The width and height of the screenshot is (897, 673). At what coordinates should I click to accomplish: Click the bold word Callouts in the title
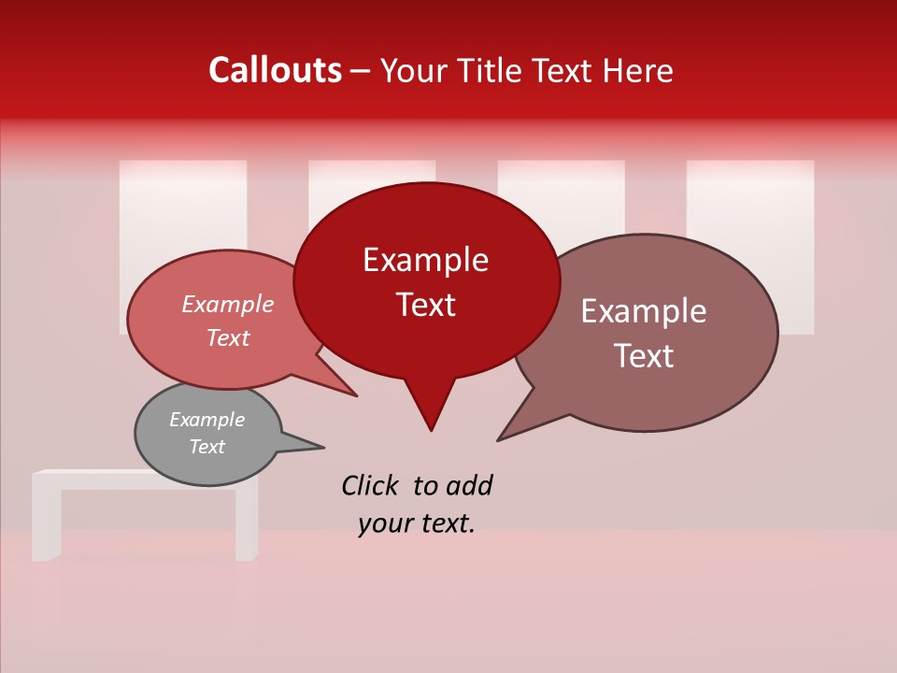275,71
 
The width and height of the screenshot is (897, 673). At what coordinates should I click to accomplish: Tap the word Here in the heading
638,71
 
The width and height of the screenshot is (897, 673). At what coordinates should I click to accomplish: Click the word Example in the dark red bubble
425,260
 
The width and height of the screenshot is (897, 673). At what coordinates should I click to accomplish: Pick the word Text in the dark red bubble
425,305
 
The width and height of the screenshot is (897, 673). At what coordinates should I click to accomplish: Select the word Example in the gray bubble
206,420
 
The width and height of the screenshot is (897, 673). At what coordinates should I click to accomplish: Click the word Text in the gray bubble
206,447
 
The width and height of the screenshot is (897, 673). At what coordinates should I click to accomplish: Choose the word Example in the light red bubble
227,305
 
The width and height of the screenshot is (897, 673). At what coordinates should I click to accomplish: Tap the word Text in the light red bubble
227,338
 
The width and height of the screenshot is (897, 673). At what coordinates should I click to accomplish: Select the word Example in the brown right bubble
643,311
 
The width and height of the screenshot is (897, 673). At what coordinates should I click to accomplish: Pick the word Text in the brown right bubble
644,356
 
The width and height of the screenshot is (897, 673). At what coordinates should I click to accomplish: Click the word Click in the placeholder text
372,485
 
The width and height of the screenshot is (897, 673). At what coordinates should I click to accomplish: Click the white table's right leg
246,523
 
